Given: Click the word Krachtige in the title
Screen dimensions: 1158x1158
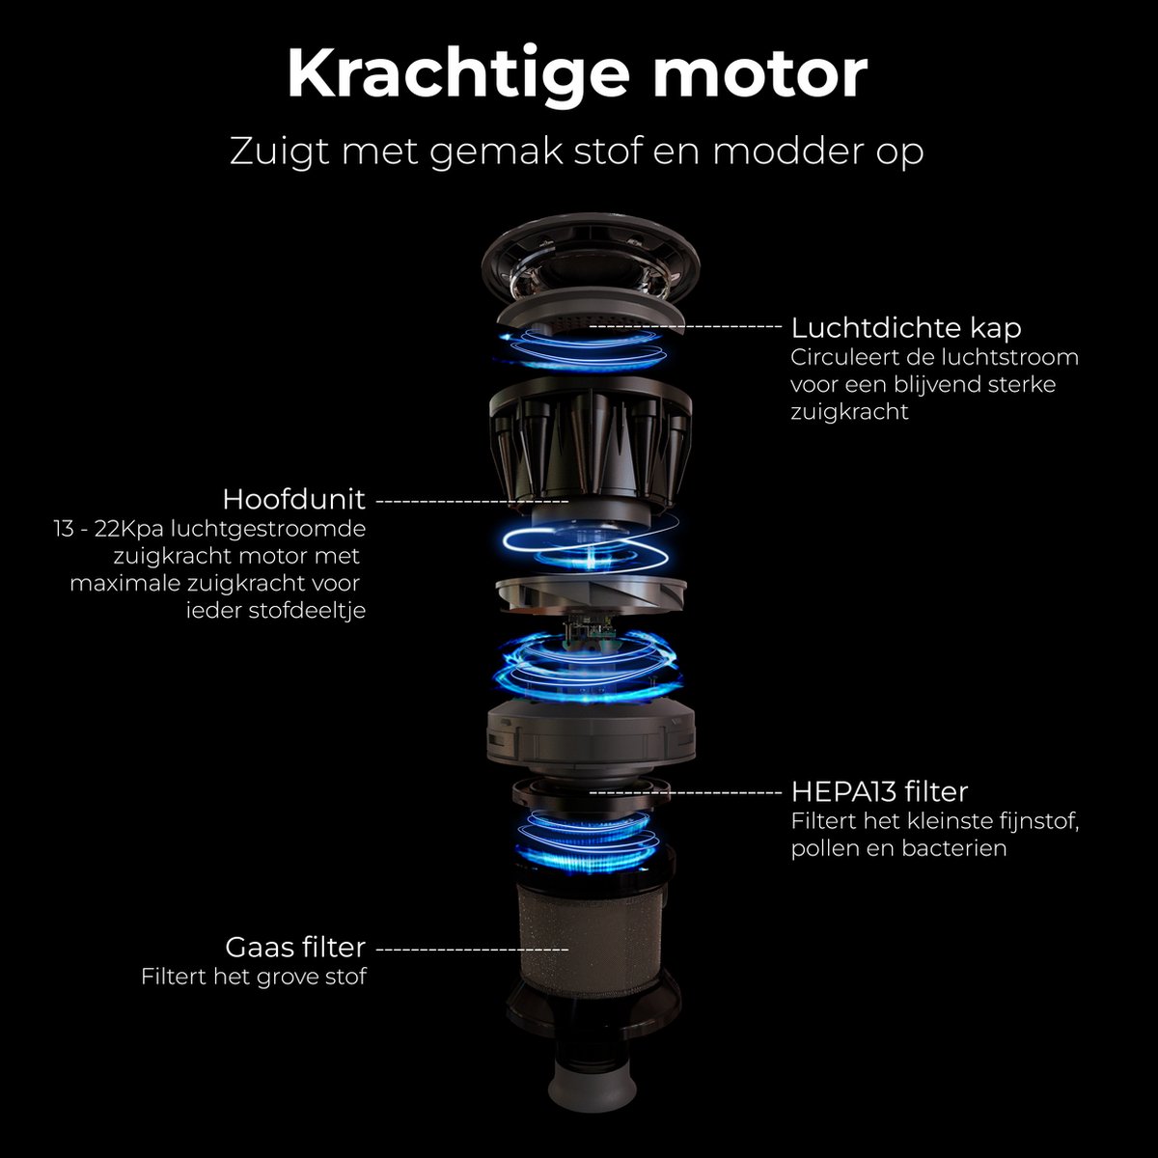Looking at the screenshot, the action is click(458, 75).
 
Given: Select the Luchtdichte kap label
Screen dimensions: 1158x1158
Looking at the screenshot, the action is click(906, 328).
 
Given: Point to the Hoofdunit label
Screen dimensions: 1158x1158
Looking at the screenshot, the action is click(294, 499).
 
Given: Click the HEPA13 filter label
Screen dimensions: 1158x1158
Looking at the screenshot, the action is click(880, 792).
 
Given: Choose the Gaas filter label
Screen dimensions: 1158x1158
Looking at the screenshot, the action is click(295, 947).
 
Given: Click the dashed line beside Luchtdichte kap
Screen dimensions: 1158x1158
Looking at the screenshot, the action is click(686, 326).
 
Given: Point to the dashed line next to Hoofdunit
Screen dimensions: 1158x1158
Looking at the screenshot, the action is click(472, 500).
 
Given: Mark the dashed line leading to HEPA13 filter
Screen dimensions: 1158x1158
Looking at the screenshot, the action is click(686, 792).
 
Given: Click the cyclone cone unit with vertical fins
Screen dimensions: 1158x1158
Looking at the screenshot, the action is click(591, 446).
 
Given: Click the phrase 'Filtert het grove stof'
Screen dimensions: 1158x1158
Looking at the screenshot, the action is click(254, 977).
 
